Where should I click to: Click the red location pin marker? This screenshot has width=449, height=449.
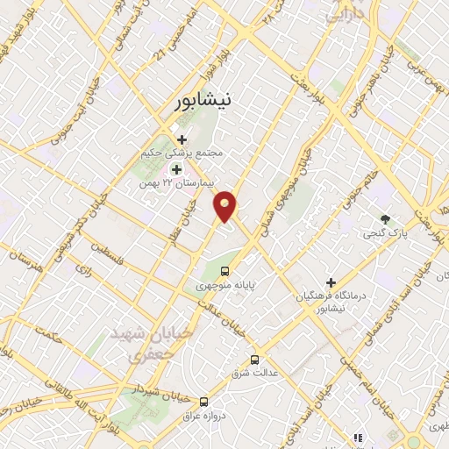point(225,205)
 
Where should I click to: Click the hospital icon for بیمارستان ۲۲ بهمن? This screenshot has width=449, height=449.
point(176,169)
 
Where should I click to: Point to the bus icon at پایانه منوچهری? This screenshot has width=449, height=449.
point(225,271)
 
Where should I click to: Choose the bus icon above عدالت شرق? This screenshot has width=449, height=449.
point(255,359)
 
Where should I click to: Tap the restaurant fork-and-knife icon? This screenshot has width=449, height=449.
point(357,437)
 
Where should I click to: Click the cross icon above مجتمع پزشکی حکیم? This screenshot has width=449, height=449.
point(182,139)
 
